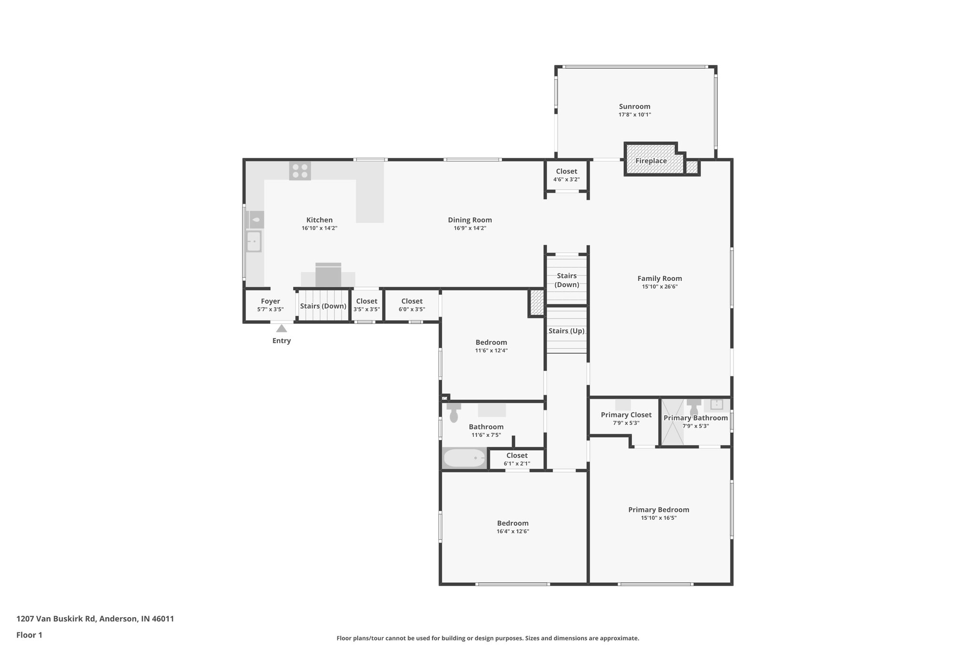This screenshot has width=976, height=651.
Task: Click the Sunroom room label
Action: (634, 106)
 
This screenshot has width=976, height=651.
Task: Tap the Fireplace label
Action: (651, 161)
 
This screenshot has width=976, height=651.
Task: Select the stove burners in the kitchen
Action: (300, 171)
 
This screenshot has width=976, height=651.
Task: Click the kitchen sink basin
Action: (254, 241)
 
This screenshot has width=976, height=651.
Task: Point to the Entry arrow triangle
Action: (282, 328)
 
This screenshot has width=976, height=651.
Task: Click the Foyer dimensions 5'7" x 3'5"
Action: (270, 310)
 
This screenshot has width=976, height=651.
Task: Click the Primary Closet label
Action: (626, 415)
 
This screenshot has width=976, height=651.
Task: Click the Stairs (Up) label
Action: (566, 331)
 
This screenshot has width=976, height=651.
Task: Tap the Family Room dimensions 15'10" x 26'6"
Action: (660, 287)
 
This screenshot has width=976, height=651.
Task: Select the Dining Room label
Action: (469, 220)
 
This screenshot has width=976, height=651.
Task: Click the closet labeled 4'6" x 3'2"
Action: (566, 175)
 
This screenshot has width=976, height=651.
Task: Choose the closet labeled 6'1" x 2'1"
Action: (517, 459)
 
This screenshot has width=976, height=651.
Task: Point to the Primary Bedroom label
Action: (659, 509)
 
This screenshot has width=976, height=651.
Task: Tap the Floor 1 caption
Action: (29, 635)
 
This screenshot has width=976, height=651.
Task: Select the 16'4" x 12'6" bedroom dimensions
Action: (513, 531)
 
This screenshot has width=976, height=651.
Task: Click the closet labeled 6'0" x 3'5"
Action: (412, 305)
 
